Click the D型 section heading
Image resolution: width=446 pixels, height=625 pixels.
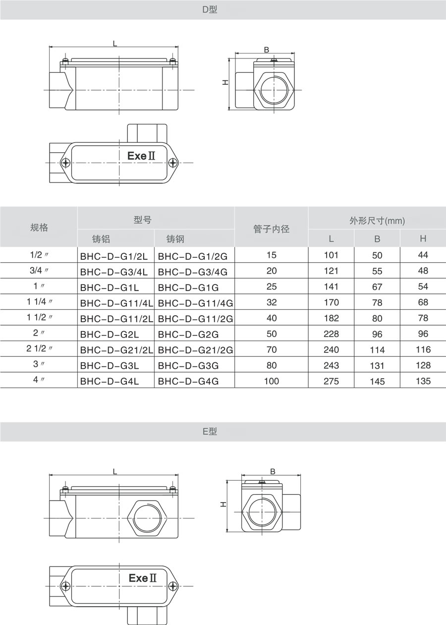point(210,10)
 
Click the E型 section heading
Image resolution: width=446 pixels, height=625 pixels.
point(210,432)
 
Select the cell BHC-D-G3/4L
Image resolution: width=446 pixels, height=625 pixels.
point(114,272)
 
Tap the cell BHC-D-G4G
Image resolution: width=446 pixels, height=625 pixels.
point(188,382)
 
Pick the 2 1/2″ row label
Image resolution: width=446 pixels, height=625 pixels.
point(39,348)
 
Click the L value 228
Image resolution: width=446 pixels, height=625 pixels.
point(331,334)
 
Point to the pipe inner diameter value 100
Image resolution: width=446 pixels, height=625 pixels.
point(272,381)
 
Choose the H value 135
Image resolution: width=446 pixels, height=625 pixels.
point(423,381)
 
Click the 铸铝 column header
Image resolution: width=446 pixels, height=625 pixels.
point(101,239)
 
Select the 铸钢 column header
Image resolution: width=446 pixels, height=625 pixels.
point(175,239)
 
